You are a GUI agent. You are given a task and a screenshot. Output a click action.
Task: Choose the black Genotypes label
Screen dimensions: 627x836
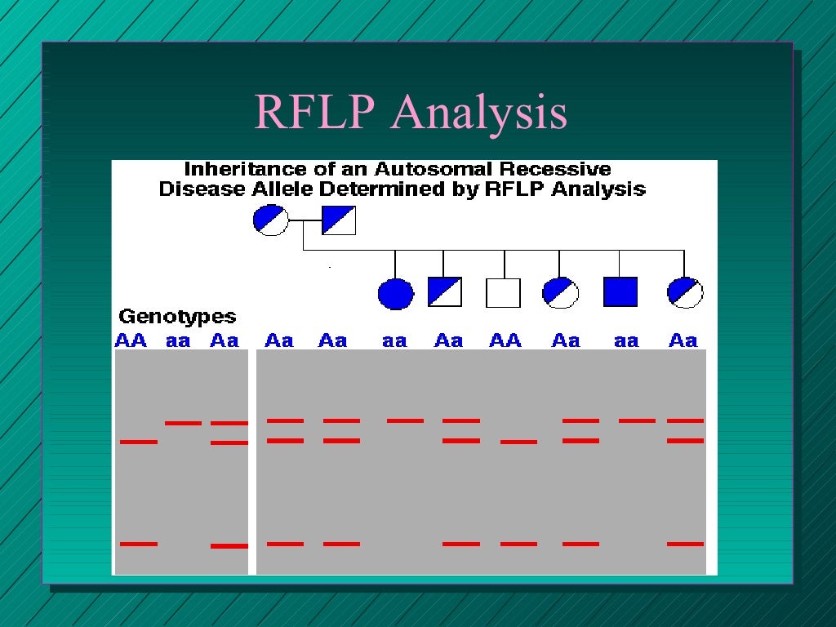pos(177,317)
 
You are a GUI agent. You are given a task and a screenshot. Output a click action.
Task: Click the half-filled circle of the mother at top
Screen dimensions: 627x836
pos(271,220)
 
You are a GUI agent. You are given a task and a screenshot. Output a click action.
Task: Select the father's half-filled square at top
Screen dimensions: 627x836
pos(339,220)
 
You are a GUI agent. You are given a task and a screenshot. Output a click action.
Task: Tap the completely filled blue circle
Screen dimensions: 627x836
pos(395,293)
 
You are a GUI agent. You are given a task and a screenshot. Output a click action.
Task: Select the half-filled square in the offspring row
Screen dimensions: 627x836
pos(444,292)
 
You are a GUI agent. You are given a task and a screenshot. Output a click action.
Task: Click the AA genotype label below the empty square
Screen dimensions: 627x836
pos(505,340)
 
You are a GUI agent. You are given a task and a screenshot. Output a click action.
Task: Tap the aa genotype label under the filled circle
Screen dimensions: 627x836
pos(394,341)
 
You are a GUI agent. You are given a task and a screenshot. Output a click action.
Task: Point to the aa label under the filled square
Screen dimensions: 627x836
pos(626,341)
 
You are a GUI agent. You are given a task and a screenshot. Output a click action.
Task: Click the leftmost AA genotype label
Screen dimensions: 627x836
pos(131,340)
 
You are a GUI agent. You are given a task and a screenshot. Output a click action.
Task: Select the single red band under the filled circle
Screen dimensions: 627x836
pos(405,420)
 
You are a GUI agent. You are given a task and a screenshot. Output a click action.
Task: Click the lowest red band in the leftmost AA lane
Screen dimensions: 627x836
pos(138,543)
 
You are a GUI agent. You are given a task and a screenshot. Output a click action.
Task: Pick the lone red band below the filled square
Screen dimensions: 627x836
pos(637,420)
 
